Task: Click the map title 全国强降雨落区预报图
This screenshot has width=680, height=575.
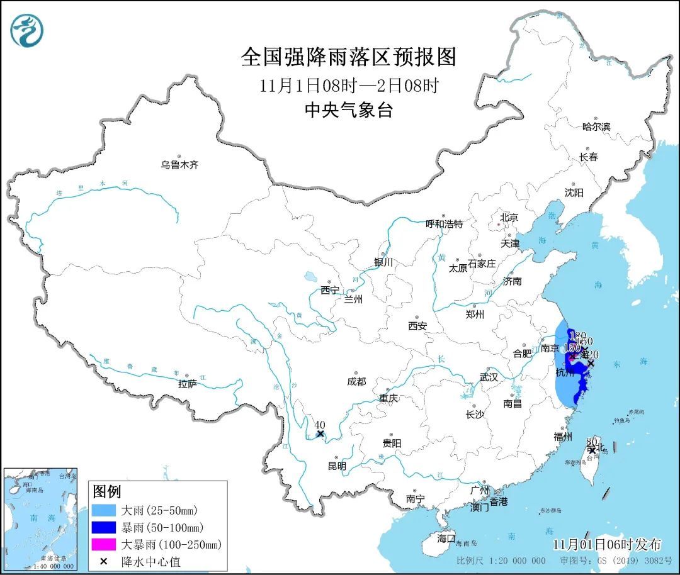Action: (x=348, y=57)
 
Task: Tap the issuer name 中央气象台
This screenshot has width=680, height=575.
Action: (x=348, y=111)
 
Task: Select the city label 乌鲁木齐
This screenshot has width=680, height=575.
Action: (x=179, y=165)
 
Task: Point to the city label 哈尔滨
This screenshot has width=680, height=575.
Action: (x=596, y=127)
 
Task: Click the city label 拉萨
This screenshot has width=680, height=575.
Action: (x=188, y=383)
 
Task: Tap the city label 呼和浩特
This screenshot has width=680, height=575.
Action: (x=444, y=224)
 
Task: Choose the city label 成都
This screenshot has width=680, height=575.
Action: (x=356, y=381)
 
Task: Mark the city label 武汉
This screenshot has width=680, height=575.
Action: (x=489, y=377)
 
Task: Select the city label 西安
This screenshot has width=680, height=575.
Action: (x=417, y=326)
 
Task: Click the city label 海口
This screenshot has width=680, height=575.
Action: (x=446, y=539)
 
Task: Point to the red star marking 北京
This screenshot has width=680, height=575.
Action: (x=499, y=224)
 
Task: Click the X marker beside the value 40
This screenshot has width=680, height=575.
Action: (x=320, y=433)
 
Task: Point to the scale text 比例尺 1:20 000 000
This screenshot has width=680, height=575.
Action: (x=501, y=561)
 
